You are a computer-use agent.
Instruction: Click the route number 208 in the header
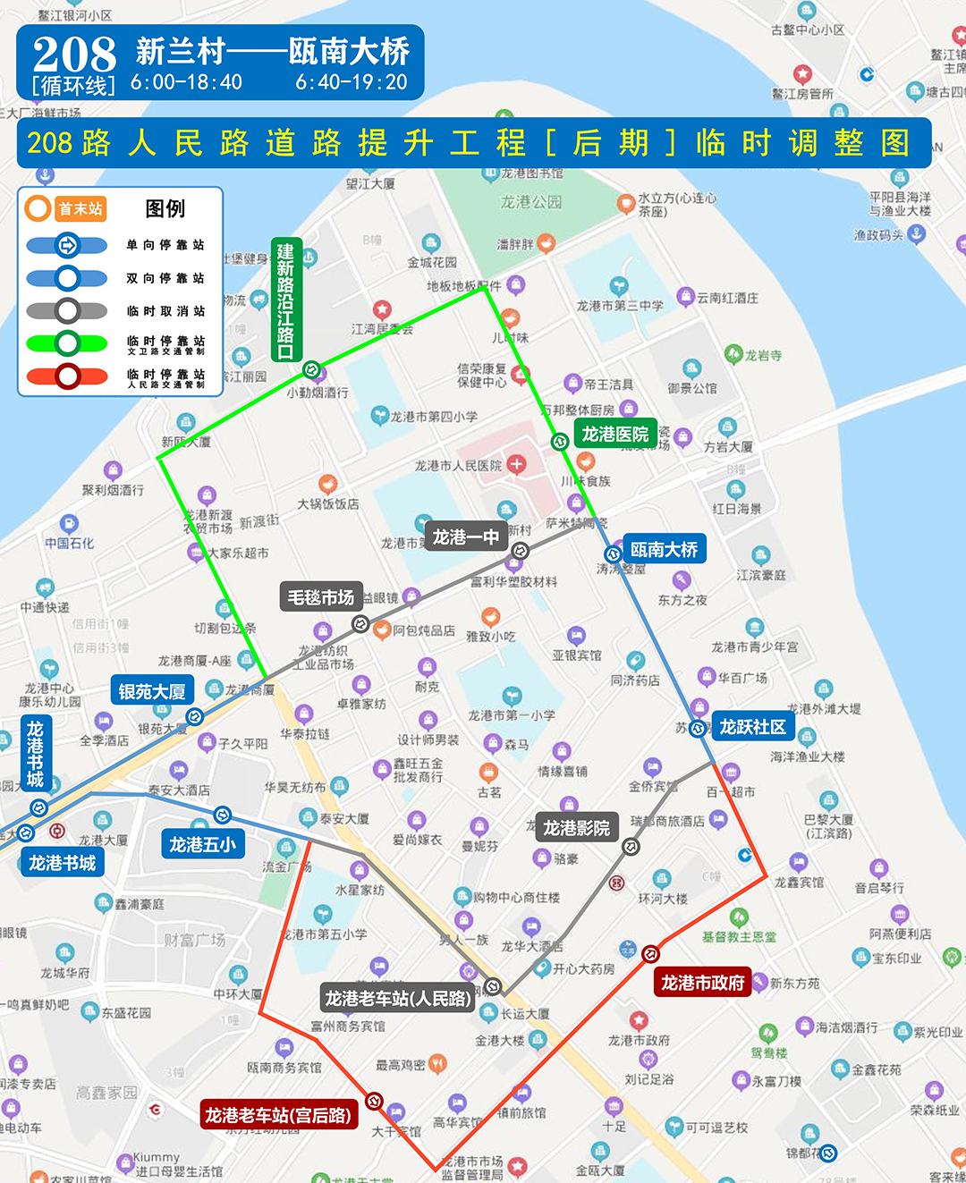(x=74, y=55)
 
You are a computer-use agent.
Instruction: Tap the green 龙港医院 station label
(x=614, y=435)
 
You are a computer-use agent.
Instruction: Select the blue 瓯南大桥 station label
(x=664, y=549)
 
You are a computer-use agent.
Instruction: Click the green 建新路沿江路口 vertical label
(x=285, y=300)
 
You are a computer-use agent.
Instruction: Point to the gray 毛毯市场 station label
(x=320, y=597)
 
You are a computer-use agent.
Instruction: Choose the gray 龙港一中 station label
(x=465, y=537)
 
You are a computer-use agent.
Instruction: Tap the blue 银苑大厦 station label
(x=152, y=691)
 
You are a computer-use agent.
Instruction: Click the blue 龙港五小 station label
(x=203, y=844)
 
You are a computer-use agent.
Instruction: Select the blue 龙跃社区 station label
(x=752, y=727)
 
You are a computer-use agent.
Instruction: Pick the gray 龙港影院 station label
(x=576, y=828)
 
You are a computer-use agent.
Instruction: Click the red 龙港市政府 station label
(x=702, y=983)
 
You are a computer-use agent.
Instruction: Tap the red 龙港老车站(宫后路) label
(x=278, y=1115)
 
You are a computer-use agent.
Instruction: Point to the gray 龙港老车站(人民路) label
(x=397, y=998)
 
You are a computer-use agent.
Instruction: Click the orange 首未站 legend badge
(x=80, y=208)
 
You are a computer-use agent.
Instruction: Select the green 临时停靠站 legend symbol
(x=67, y=343)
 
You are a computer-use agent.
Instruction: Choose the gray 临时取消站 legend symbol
(x=67, y=311)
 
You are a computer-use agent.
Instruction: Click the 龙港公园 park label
(x=530, y=202)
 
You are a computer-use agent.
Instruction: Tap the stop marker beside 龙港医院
(x=560, y=441)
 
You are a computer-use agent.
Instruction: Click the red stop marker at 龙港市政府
(x=651, y=954)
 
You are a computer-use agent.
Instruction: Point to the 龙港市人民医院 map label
(x=458, y=465)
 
